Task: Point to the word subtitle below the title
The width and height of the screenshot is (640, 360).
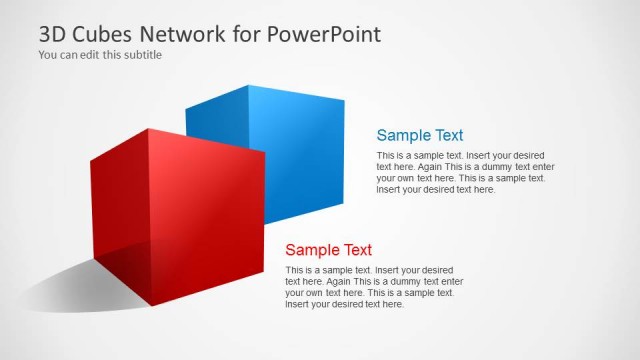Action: point(141,55)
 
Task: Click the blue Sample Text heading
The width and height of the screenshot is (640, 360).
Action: point(419,135)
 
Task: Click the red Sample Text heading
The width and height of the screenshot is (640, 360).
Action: point(328,250)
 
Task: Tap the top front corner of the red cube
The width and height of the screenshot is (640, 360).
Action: point(148,129)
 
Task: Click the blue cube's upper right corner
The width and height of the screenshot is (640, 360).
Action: point(343,99)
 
